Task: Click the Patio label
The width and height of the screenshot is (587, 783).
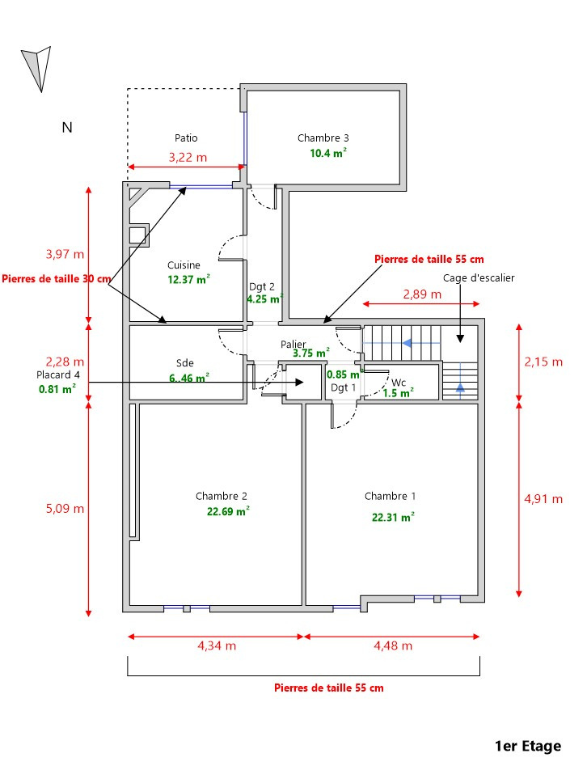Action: (186, 138)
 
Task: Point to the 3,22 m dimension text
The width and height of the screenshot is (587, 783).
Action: (188, 157)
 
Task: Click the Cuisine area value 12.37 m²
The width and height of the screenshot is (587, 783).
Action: (188, 280)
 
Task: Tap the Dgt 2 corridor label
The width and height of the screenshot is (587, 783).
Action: (261, 286)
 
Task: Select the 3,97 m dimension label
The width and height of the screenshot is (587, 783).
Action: (65, 254)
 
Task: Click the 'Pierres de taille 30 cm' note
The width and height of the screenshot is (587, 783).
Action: (57, 279)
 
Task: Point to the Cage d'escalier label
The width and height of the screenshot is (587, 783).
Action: (479, 277)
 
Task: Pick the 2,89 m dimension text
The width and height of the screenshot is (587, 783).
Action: (422, 294)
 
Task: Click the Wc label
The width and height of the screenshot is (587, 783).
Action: (398, 383)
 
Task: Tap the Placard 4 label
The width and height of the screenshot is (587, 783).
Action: (58, 375)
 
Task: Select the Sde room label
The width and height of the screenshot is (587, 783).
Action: (184, 362)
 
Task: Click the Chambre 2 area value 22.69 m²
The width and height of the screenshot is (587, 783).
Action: (227, 510)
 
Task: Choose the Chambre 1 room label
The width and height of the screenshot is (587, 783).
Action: (390, 496)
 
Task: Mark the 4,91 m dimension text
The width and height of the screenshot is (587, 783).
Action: (543, 498)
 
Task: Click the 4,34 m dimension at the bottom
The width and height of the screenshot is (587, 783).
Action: (217, 645)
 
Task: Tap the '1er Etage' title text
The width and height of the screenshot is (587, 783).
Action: (528, 746)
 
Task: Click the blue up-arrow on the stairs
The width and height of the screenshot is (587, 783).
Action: (460, 387)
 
